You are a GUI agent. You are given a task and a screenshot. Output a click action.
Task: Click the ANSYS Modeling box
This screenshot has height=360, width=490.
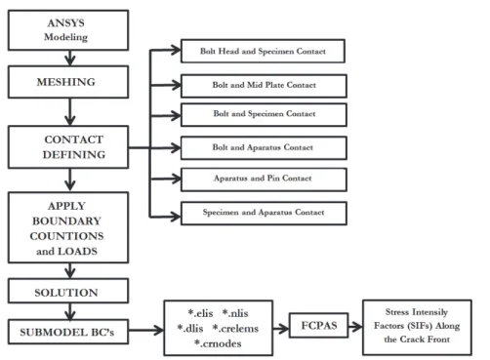pos(68,30)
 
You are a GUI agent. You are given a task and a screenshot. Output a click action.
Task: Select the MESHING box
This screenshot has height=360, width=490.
pos(68,82)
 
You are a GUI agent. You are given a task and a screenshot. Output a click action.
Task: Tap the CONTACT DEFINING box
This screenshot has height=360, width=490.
pos(68,147)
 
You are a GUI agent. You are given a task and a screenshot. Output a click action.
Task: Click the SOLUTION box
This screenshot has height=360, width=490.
pos(68,291)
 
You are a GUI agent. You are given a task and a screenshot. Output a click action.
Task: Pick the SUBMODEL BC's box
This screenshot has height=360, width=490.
pos(68,332)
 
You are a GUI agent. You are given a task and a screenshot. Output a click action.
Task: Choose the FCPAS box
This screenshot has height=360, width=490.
pos(319,326)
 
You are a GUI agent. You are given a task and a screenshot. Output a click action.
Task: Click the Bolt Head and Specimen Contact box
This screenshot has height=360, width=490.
pos(263,51)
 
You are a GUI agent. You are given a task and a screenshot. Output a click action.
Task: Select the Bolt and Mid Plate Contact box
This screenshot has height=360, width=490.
pos(264,86)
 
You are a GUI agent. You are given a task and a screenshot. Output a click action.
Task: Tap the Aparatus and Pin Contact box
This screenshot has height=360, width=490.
pos(264,180)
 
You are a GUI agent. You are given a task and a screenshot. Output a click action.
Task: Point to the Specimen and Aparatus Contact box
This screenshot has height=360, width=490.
pos(264,214)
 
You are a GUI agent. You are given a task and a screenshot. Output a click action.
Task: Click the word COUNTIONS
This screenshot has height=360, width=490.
pos(66,236)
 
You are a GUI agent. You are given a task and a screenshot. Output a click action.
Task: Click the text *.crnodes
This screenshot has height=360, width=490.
pos(218,343)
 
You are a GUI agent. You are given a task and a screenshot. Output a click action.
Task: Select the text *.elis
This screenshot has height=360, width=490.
pos(200,313)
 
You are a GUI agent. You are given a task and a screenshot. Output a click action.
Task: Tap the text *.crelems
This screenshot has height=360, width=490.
pos(235,329)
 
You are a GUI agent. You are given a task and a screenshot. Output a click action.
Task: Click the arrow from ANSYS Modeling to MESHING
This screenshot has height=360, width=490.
pos(70,59)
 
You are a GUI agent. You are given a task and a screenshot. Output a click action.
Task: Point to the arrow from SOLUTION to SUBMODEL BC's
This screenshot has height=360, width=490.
pos(70,311)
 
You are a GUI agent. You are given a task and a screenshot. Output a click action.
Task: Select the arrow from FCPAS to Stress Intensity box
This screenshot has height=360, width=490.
pos(355,326)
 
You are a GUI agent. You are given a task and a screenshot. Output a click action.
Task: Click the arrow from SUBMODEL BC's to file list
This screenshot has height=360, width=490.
pos(146,331)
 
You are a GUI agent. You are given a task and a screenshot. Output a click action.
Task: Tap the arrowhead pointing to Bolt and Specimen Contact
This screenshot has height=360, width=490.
pos(176,115)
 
